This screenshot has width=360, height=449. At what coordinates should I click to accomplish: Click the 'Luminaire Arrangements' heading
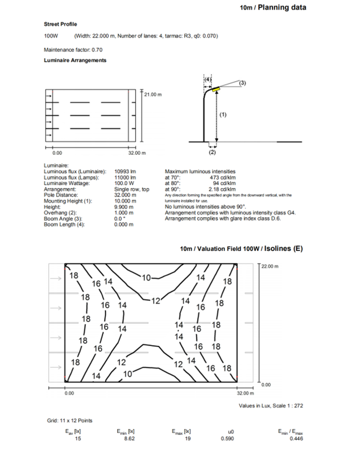point(75,60)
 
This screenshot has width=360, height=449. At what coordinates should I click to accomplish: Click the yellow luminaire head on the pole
point(216,90)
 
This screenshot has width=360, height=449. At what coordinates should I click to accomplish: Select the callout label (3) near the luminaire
point(242,83)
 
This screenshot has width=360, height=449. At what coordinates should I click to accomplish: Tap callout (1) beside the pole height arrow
point(223,115)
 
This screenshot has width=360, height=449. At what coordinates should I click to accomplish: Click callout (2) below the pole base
point(212,152)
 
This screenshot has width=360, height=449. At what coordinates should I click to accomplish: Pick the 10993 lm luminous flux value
point(125,172)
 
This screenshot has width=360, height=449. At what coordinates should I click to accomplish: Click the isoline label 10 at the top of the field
point(147,278)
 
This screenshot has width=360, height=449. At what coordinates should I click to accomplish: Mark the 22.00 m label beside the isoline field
point(270,266)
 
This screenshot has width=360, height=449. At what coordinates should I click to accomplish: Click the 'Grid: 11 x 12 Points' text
point(70,421)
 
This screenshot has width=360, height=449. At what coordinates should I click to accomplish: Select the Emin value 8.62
point(129,438)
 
